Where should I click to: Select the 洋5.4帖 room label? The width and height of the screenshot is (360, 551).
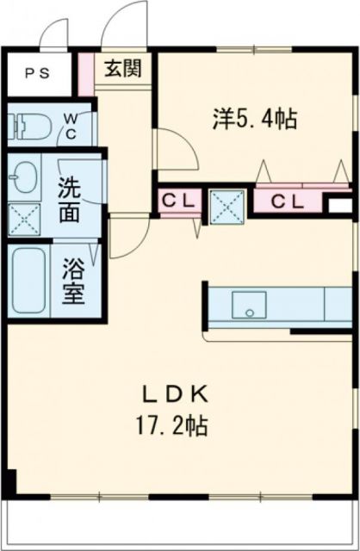pos(255,119)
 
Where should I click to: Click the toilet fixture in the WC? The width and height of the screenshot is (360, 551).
pos(27,127)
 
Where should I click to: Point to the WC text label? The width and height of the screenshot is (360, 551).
pos(71,127)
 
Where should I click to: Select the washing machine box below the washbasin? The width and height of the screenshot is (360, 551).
pos(26,220)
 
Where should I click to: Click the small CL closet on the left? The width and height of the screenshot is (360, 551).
pos(179,201)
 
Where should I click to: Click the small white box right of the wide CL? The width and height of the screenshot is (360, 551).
pos(341,206)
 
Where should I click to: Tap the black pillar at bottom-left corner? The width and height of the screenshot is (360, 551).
pos(10,483)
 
